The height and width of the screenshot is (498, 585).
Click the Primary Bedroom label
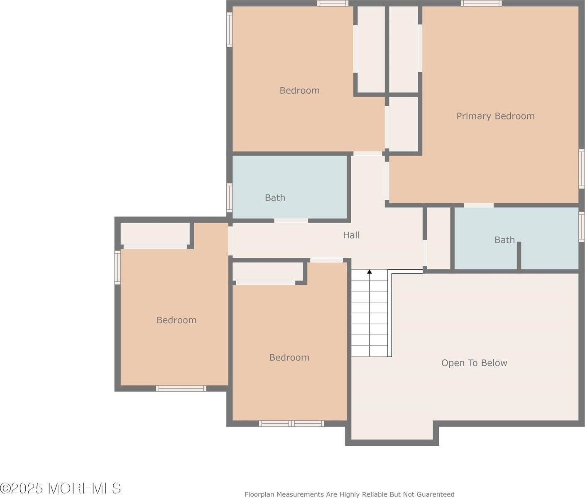click(x=495, y=116)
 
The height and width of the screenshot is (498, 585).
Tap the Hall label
click(x=351, y=235)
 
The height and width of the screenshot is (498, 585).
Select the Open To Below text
click(x=474, y=363)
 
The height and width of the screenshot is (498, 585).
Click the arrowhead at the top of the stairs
click(x=369, y=272)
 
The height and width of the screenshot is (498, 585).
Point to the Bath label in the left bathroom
click(x=275, y=198)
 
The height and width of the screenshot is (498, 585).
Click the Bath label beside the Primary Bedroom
click(x=504, y=240)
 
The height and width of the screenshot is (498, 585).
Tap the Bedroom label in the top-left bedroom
click(x=299, y=90)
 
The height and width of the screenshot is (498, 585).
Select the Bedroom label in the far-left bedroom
click(x=176, y=320)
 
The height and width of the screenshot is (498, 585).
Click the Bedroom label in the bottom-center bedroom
click(x=289, y=357)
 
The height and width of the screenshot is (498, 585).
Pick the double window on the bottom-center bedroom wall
click(x=291, y=423)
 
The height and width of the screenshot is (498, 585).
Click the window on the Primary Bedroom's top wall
click(x=481, y=3)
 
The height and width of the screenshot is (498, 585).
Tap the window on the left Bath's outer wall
click(x=229, y=198)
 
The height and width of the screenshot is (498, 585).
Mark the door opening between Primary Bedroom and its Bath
click(x=478, y=205)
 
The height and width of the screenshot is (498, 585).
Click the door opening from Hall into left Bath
click(x=291, y=220)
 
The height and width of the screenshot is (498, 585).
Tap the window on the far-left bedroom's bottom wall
click(x=181, y=388)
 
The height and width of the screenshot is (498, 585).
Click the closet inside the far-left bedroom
click(x=155, y=234)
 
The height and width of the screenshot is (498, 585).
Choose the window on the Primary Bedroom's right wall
click(x=582, y=168)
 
